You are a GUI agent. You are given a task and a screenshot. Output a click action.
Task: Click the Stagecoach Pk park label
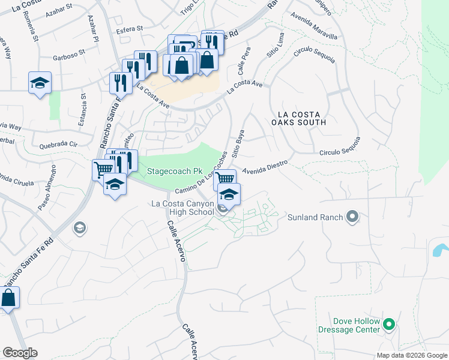tap(175, 172)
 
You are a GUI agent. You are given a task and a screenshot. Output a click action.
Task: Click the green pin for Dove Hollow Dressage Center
tap(389, 325)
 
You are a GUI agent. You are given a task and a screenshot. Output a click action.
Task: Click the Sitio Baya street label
tap(239, 143)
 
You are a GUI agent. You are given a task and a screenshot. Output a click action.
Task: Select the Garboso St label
tap(66, 59)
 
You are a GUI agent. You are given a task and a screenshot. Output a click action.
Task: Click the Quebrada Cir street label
tap(59, 145)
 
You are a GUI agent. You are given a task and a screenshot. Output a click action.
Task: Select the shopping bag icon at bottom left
tap(8, 298)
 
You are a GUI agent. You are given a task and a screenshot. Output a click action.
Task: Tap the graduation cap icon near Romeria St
tap(40, 83)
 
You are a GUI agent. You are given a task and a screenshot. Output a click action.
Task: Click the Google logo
tap(20, 353)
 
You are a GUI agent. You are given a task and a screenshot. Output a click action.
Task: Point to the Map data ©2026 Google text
tap(412, 355)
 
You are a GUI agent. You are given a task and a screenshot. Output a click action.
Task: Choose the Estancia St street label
tap(82, 110)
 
